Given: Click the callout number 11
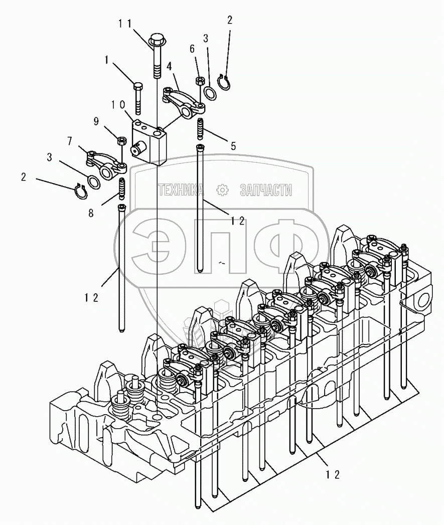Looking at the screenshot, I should pyautogui.click(x=126, y=23).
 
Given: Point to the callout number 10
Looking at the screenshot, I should pyautogui.click(x=118, y=105).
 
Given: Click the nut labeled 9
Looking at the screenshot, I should pyautogui.click(x=120, y=140).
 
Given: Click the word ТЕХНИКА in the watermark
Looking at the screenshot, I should pyautogui.click(x=181, y=190).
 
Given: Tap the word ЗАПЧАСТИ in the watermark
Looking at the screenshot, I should pyautogui.click(x=266, y=190).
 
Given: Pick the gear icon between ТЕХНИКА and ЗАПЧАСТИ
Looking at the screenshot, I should pyautogui.click(x=222, y=190).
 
